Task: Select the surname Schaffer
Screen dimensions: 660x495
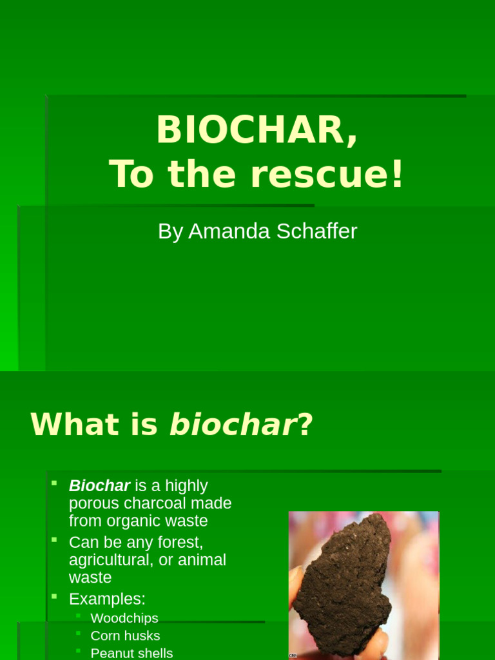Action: pyautogui.click(x=316, y=231)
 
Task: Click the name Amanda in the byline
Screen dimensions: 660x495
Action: pyautogui.click(x=229, y=231)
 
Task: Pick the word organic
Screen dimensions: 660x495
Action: pyautogui.click(x=130, y=521)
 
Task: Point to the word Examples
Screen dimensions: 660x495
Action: pyautogui.click(x=107, y=599)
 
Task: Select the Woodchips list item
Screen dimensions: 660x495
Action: pyautogui.click(x=124, y=618)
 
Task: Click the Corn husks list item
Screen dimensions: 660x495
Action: pyautogui.click(x=125, y=636)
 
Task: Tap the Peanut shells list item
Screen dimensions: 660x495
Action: pyautogui.click(x=131, y=653)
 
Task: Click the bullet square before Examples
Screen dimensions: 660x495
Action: pyautogui.click(x=55, y=596)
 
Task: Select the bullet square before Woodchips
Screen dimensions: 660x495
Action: pyautogui.click(x=78, y=616)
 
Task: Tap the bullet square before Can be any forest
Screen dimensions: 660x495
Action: pyautogui.click(x=55, y=539)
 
